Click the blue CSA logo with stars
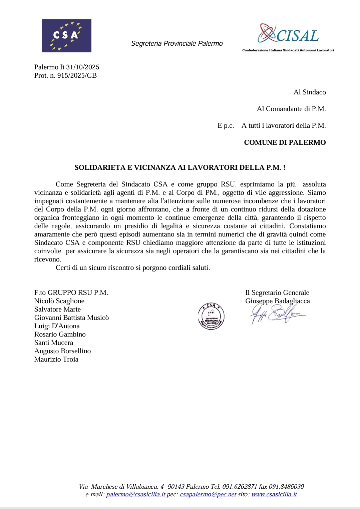[x=66, y=36]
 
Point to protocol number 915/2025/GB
[x=77, y=75]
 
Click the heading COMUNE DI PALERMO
[x=285, y=142]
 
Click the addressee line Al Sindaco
[x=310, y=92]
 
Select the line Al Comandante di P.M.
[x=291, y=109]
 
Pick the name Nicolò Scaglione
[x=59, y=301]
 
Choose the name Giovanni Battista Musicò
[x=71, y=318]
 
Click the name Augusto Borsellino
[x=62, y=351]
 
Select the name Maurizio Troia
[x=56, y=359]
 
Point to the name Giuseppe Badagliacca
[x=278, y=301]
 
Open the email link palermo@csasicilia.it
[x=135, y=494]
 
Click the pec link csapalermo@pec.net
[x=208, y=494]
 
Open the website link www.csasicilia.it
[x=274, y=494]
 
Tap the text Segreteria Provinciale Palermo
[x=177, y=43]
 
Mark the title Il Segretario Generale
[x=277, y=293]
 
